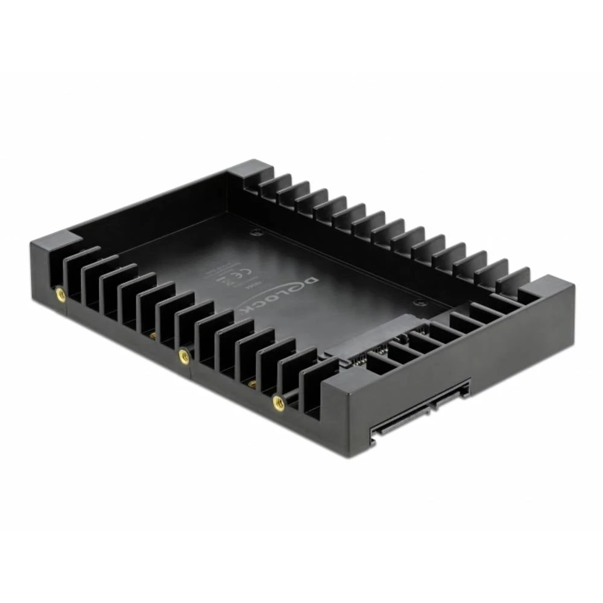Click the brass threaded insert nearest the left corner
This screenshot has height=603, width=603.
click(60, 294)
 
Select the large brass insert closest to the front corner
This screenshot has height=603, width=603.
click(279, 403)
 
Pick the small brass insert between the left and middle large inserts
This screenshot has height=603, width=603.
click(153, 335)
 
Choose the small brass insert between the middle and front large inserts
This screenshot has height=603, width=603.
click(251, 384)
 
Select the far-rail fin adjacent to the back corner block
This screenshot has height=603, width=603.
click(274, 182)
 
